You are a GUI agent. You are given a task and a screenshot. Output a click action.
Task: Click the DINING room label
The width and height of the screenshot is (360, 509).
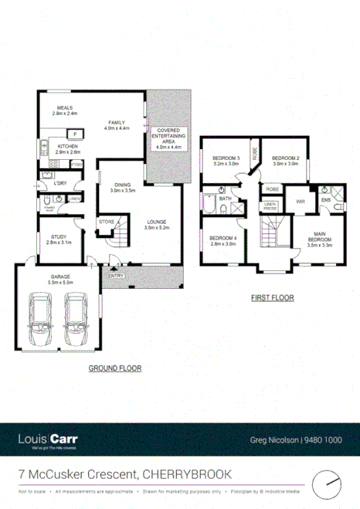[122, 186]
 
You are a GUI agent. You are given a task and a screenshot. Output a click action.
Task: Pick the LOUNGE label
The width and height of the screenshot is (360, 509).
[156, 225]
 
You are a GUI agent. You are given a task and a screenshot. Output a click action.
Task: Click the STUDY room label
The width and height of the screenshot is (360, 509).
[59, 239]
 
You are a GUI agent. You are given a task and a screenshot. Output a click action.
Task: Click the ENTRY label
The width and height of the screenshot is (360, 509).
[116, 276]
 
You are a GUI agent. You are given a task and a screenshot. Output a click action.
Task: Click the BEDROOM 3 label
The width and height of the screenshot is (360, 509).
[226, 160]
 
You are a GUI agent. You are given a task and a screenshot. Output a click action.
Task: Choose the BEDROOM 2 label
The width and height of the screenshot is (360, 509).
[285, 160]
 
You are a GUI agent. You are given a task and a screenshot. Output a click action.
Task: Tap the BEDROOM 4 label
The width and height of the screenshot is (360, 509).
[222, 239]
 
